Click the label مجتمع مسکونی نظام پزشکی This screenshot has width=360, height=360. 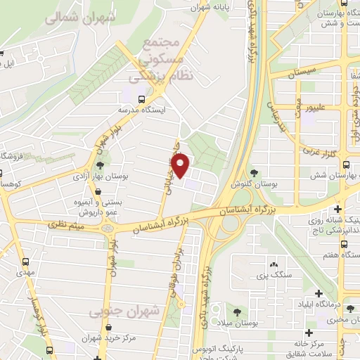(162, 60)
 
